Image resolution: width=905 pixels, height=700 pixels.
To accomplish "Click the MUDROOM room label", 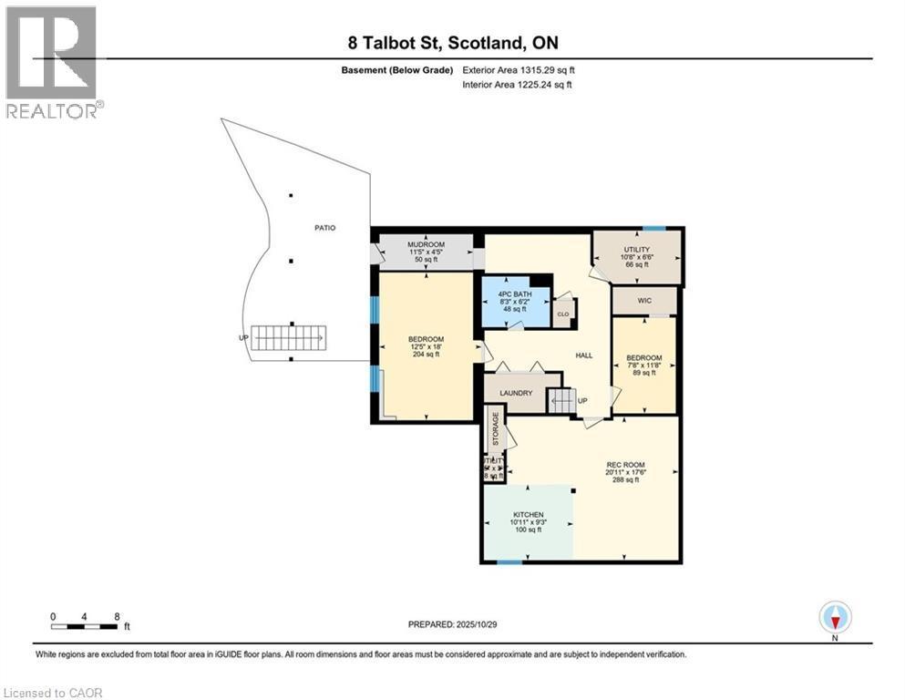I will click(x=426, y=245).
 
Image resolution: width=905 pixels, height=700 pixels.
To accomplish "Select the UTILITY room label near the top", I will click(x=635, y=249).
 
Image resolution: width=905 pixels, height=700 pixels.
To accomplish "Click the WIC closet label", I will click(x=643, y=300).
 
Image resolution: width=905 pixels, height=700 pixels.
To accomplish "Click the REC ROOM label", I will click(x=624, y=464).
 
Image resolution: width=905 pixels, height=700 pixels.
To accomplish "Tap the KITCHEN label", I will click(x=528, y=515).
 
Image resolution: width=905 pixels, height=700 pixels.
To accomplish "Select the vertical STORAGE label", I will click(x=496, y=430).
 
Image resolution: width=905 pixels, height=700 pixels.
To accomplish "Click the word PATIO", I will click(x=324, y=227).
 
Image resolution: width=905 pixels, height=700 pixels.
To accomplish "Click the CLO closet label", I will click(x=562, y=314).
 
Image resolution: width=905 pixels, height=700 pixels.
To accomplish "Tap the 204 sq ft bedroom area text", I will click(x=425, y=355).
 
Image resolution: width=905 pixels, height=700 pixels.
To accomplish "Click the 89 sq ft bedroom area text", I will click(x=643, y=372).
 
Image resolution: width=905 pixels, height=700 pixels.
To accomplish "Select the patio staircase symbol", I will click(x=289, y=339).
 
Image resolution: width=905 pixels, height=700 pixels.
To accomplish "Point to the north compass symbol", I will click(x=835, y=618).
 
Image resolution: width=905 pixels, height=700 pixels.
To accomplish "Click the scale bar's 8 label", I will click(x=117, y=616).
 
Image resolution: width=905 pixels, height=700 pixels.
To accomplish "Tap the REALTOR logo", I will click(x=51, y=61).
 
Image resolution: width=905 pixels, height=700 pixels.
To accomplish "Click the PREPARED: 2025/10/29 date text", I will click(x=452, y=624).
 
